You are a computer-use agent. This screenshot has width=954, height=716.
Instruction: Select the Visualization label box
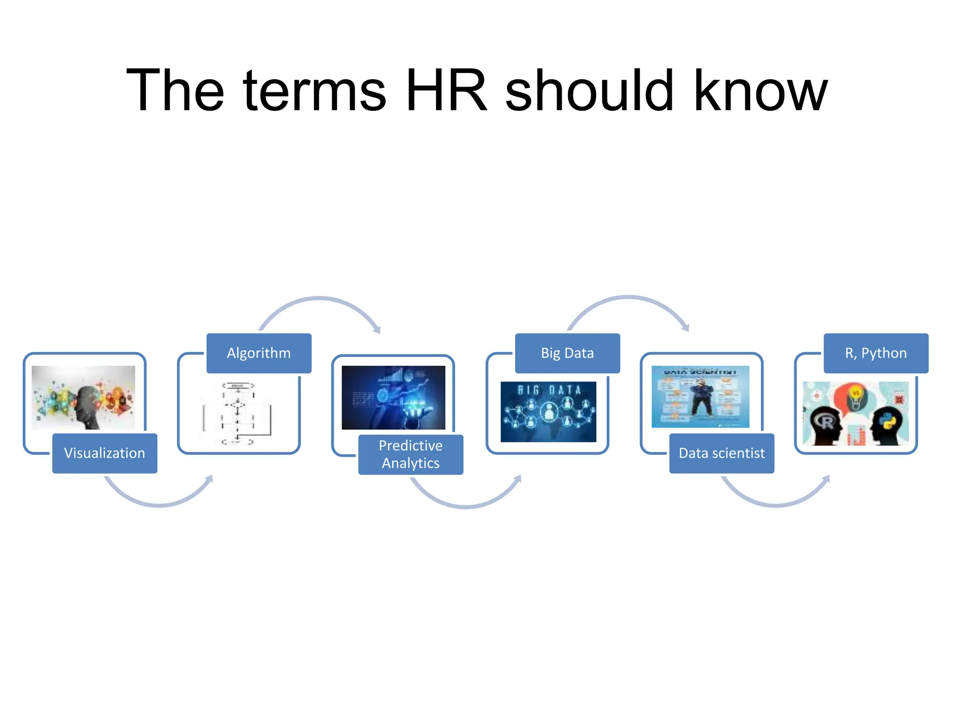tap(104, 453)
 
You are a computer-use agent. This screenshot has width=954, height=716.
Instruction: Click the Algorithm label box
tap(259, 353)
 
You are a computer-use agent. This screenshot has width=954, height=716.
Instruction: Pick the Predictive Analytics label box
tap(410, 454)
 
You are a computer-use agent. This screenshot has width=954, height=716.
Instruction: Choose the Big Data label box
tap(567, 353)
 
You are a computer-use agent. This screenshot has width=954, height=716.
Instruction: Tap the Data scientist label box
tap(721, 453)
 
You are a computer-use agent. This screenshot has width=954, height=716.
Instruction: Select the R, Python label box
tap(876, 353)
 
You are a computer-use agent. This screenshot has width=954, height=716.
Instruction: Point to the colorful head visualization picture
tap(83, 398)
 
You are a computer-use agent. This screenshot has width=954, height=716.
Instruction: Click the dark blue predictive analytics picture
tap(393, 398)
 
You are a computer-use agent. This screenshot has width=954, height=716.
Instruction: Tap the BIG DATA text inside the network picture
tap(549, 390)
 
